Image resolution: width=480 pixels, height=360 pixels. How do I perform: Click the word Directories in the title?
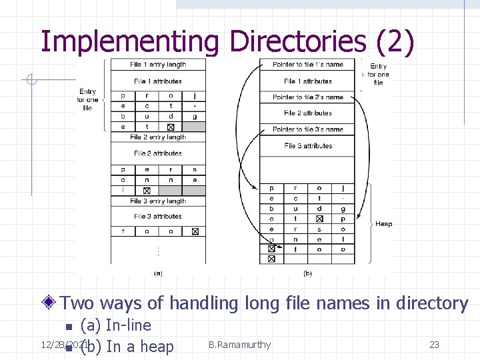pyautogui.click(x=297, y=41)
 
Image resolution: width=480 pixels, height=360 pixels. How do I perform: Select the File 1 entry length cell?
pyautogui.click(x=158, y=65)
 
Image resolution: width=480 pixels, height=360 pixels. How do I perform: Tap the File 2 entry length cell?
pyautogui.click(x=158, y=137)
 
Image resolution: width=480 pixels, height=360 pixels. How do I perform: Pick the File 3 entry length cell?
pyautogui.click(x=158, y=201)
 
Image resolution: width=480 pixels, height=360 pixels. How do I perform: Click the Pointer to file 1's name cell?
pyautogui.click(x=308, y=65)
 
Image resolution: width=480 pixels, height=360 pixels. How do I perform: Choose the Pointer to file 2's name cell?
pyautogui.click(x=308, y=97)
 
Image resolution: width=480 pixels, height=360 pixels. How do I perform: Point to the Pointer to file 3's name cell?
pyautogui.click(x=308, y=129)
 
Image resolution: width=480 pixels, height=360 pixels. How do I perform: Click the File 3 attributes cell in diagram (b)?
pyautogui.click(x=308, y=146)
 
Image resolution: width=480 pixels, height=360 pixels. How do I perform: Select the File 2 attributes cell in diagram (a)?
pyautogui.click(x=158, y=153)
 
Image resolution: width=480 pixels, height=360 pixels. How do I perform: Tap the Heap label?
pyautogui.click(x=384, y=224)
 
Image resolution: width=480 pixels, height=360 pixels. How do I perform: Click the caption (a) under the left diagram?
pyautogui.click(x=158, y=273)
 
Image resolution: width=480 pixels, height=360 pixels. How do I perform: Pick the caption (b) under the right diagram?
pyautogui.click(x=307, y=273)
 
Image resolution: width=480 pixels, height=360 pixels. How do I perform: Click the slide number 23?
pyautogui.click(x=434, y=345)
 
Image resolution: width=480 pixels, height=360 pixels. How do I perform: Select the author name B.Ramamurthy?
pyautogui.click(x=239, y=345)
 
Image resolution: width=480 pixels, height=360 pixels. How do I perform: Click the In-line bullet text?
pyautogui.click(x=116, y=325)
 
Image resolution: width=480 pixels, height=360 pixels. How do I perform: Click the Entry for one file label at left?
pyautogui.click(x=87, y=99)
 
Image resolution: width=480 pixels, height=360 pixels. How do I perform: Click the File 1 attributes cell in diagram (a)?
pyautogui.click(x=158, y=81)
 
